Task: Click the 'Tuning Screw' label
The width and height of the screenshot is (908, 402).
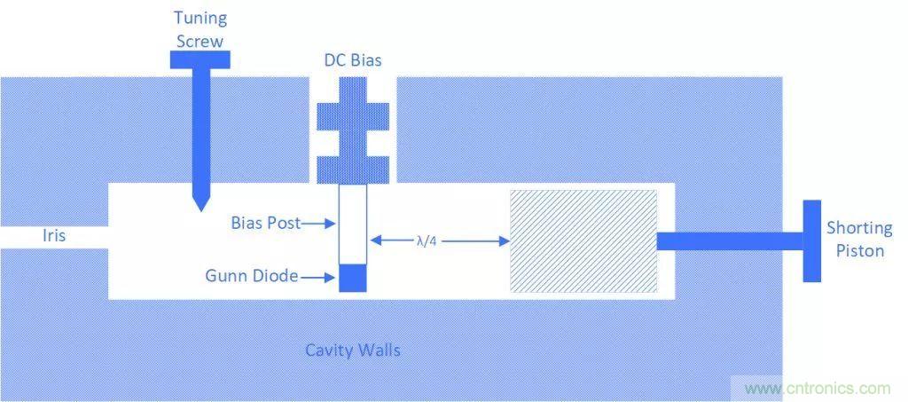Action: pyautogui.click(x=200, y=29)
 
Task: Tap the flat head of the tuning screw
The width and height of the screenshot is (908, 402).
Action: pyautogui.click(x=200, y=59)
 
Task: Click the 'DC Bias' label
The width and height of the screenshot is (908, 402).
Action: pyautogui.click(x=353, y=60)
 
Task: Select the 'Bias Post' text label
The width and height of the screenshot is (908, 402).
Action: pyautogui.click(x=264, y=224)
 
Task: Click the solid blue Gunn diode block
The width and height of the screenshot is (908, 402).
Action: pyautogui.click(x=352, y=278)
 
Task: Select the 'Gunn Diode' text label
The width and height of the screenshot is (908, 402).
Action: pyautogui.click(x=251, y=278)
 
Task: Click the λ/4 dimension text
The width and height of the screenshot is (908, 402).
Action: pyautogui.click(x=427, y=240)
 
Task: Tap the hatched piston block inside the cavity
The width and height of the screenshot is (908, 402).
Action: pyautogui.click(x=583, y=240)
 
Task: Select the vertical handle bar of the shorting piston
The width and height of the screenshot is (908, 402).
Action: pyautogui.click(x=811, y=240)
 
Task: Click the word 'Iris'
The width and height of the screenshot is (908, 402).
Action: pyautogui.click(x=54, y=236)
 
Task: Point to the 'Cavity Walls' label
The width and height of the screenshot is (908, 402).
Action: pyautogui.click(x=353, y=350)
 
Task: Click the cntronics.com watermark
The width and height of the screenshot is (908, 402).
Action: pyautogui.click(x=817, y=389)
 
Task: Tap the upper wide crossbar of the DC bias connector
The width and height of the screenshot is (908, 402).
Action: pyautogui.click(x=353, y=114)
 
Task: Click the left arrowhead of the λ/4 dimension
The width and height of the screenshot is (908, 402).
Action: pyautogui.click(x=375, y=240)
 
